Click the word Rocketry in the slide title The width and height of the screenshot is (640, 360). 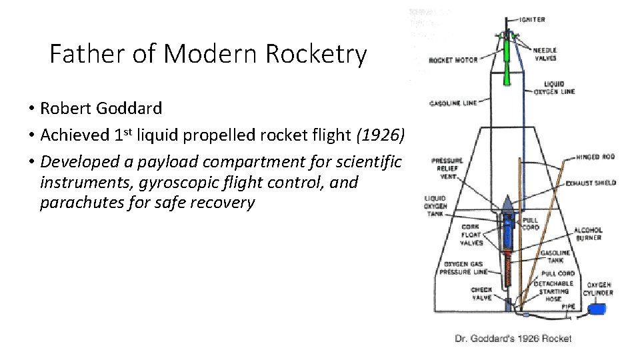tap(316, 55)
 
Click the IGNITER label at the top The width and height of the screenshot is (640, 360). tap(532, 20)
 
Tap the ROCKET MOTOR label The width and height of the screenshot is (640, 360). tap(453, 61)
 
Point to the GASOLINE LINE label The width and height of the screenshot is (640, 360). tap(453, 103)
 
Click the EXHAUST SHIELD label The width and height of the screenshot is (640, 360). tap(591, 183)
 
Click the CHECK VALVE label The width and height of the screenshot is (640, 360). tap(481, 294)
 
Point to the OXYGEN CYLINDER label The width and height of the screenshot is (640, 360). tap(599, 289)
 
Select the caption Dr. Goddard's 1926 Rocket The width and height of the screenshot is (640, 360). tap(513, 339)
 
